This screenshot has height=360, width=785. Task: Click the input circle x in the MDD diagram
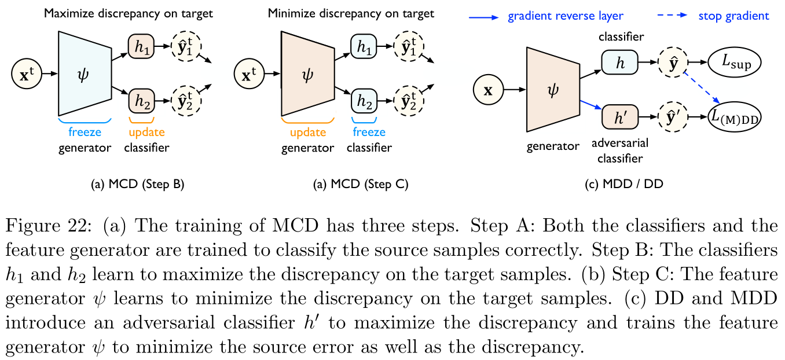(488, 90)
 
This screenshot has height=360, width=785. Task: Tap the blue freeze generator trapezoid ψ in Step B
(85, 74)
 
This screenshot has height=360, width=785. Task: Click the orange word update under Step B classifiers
(146, 131)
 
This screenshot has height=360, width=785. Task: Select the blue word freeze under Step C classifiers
(369, 131)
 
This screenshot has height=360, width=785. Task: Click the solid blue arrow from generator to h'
(591, 105)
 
